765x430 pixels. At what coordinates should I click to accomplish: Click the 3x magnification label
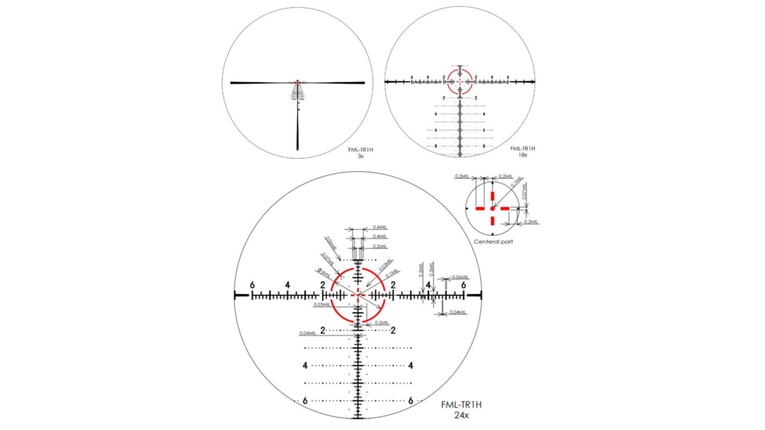[x=360, y=156]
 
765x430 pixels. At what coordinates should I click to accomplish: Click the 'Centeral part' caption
[x=494, y=242]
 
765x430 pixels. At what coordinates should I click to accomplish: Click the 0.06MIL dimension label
[x=460, y=277]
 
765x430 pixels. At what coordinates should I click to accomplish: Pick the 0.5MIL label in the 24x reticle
[x=382, y=322]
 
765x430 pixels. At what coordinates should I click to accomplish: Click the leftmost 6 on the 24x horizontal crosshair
[x=253, y=285]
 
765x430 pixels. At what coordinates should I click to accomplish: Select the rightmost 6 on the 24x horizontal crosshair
[x=464, y=285]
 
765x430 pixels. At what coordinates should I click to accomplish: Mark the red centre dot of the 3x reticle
[x=298, y=82]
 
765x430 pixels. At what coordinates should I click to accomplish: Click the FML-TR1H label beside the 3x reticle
[x=361, y=149]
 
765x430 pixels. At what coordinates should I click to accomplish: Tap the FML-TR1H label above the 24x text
[x=460, y=404]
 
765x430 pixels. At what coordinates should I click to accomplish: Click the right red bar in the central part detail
[x=502, y=208]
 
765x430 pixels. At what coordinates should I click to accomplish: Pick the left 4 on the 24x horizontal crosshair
[x=288, y=285]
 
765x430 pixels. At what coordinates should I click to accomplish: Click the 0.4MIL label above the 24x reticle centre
[x=380, y=236]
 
